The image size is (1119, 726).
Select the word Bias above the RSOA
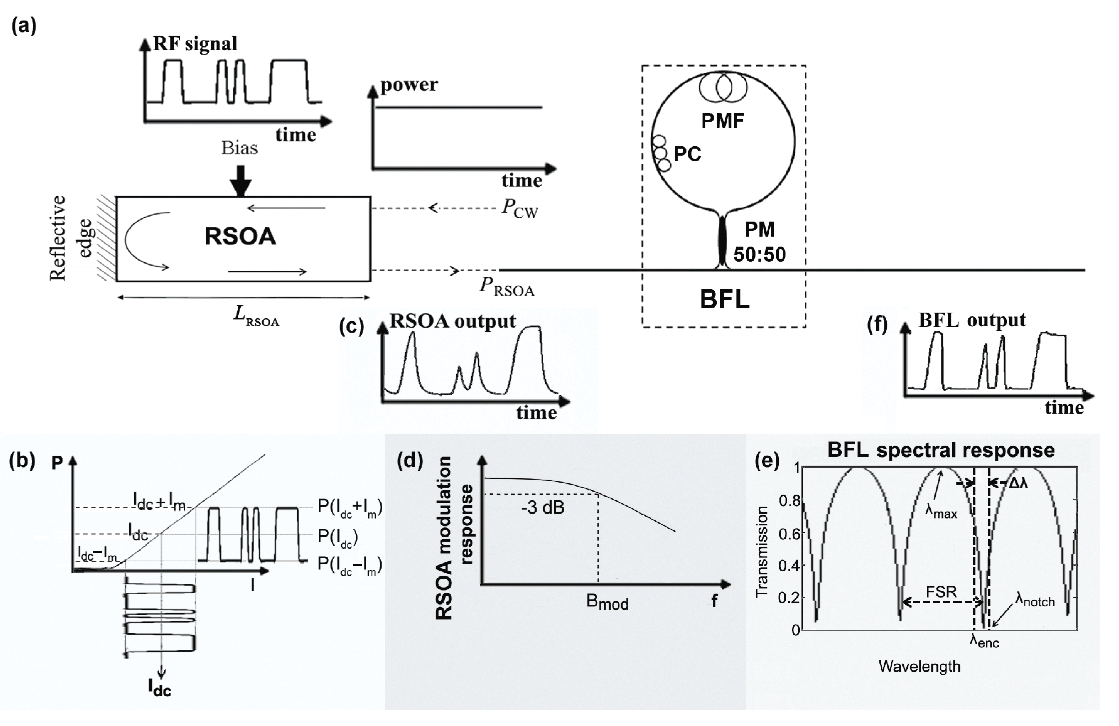coord(239,148)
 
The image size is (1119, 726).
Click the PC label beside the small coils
coord(688,154)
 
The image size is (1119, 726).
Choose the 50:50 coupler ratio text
coord(759,254)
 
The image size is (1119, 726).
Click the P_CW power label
coord(520,208)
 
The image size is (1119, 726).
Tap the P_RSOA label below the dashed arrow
coord(507,287)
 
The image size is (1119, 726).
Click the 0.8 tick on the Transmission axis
coord(790,501)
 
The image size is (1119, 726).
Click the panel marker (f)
coord(877,325)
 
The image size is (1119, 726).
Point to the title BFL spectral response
coord(941,450)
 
